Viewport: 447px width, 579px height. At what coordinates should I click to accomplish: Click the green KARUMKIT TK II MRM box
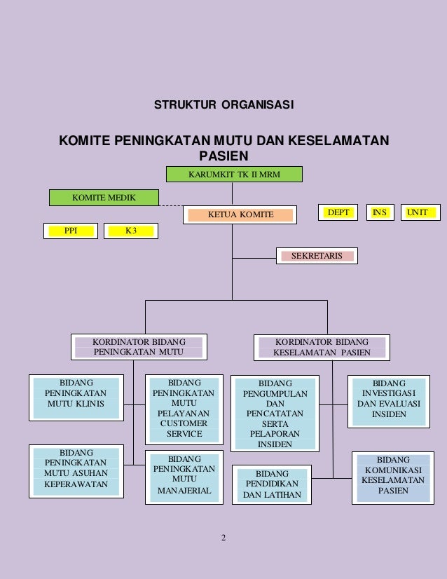[x=234, y=174]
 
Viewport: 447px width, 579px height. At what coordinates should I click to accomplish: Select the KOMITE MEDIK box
[x=104, y=198]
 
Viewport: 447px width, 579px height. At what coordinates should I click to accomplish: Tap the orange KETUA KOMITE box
[x=240, y=214]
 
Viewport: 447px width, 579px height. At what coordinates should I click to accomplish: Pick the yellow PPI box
[x=71, y=230]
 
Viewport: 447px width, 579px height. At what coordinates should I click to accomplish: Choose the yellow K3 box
[x=131, y=230]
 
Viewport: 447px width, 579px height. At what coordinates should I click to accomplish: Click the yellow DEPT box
[x=338, y=212]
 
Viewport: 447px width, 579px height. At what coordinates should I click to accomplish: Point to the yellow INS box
[x=379, y=212]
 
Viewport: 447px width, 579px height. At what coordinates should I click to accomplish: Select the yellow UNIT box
[x=420, y=212]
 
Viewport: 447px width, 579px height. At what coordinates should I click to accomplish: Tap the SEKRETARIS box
[x=317, y=256]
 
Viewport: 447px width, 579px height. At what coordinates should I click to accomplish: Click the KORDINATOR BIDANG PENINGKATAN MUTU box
[x=139, y=347]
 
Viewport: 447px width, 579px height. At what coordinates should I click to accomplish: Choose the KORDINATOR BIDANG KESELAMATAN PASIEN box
[x=322, y=347]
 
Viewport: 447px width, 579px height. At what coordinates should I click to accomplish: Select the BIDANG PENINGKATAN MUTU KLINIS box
[x=75, y=397]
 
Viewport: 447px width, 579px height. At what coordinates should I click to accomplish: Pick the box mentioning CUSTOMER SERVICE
[x=184, y=410]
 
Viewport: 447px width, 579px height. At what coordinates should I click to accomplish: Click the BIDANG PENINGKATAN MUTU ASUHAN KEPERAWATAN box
[x=75, y=469]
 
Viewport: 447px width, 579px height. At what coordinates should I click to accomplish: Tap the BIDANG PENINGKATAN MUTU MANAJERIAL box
[x=184, y=477]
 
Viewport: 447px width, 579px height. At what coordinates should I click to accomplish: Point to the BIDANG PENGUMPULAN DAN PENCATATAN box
[x=275, y=414]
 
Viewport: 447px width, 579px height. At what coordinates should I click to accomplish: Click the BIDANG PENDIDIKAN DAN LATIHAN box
[x=271, y=485]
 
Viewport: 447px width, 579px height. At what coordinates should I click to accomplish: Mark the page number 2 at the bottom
[x=223, y=538]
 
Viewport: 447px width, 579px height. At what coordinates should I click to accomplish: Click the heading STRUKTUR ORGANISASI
[x=224, y=106]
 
